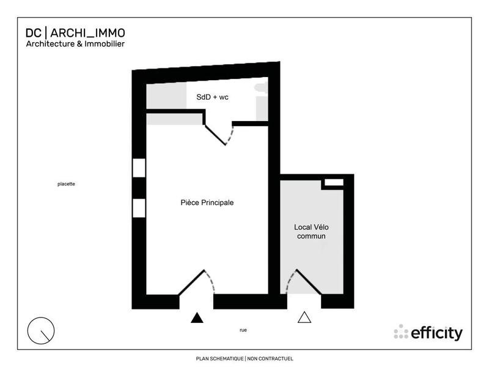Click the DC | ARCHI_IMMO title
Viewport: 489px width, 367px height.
coord(76,32)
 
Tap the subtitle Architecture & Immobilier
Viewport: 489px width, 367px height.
coord(74,44)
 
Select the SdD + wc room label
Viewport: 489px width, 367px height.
coord(212,97)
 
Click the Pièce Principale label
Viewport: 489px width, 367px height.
coord(207,202)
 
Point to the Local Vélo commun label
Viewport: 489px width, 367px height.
coord(311,231)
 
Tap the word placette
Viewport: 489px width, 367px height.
coord(66,183)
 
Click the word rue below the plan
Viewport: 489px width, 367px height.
coord(243,330)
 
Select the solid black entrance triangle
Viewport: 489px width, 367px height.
coord(196,317)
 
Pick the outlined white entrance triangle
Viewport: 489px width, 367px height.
coord(304,317)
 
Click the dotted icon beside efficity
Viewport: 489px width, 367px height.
coord(401,332)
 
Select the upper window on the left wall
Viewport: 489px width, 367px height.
coord(139,167)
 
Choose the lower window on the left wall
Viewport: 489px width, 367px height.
coord(139,208)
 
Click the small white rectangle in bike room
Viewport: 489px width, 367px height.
coord(333,182)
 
